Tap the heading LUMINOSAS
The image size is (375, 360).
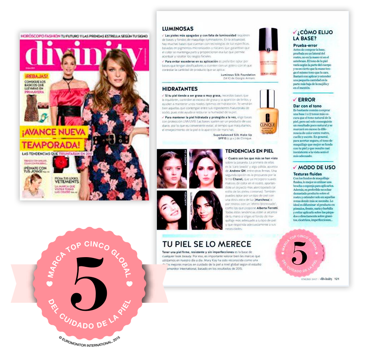pyautogui.click(x=178, y=29)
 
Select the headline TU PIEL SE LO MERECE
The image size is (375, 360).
pyautogui.click(x=207, y=244)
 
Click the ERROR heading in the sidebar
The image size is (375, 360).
pyautogui.click(x=306, y=100)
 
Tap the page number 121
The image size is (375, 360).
pyautogui.click(x=337, y=278)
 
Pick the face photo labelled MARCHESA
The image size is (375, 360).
pyautogui.click(x=172, y=210)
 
